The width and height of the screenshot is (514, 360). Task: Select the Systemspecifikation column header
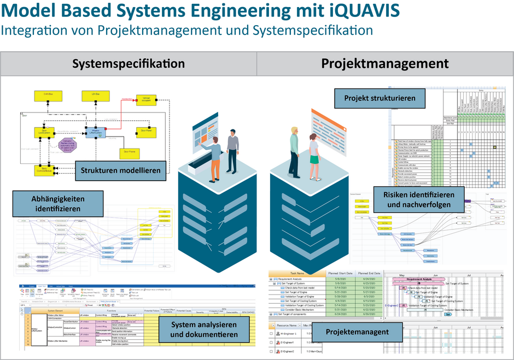pos(128,64)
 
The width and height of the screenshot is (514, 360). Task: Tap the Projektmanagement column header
pos(384,64)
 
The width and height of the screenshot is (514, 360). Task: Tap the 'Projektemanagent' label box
pos(357,332)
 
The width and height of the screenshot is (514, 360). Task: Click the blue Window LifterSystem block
pos(95,133)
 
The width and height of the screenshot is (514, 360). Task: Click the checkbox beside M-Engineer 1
pos(272,333)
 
